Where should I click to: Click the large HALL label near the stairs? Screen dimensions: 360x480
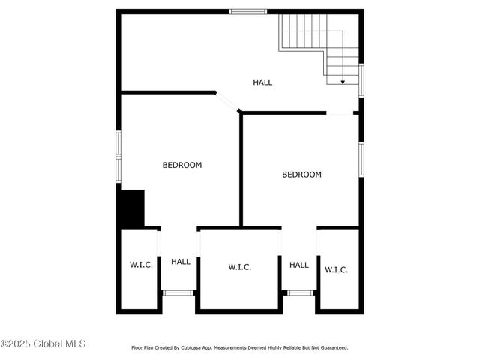pyautogui.click(x=262, y=82)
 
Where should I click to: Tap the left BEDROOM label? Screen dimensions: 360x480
pyautogui.click(x=182, y=165)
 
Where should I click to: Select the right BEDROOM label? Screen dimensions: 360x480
pyautogui.click(x=301, y=175)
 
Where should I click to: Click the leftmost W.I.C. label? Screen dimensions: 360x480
pyautogui.click(x=141, y=264)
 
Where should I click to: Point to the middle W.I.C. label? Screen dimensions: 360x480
pyautogui.click(x=240, y=267)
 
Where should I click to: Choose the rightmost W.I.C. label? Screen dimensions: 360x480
pyautogui.click(x=336, y=269)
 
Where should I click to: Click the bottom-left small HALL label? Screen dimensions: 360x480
pyautogui.click(x=181, y=262)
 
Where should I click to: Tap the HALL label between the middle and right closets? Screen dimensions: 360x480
pyautogui.click(x=299, y=265)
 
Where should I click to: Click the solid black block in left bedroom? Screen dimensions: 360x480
pyautogui.click(x=132, y=208)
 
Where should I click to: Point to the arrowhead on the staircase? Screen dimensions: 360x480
pyautogui.click(x=342, y=81)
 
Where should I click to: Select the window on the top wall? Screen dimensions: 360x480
pyautogui.click(x=247, y=11)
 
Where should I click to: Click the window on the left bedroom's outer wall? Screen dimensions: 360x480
pyautogui.click(x=118, y=156)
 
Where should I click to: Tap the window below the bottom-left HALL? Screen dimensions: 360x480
pyautogui.click(x=178, y=292)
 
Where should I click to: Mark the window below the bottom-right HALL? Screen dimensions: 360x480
pyautogui.click(x=300, y=292)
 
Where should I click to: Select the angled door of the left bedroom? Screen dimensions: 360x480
pyautogui.click(x=226, y=103)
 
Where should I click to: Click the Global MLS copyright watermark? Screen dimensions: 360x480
pyautogui.click(x=43, y=344)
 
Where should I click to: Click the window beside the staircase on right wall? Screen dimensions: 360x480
pyautogui.click(x=361, y=79)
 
